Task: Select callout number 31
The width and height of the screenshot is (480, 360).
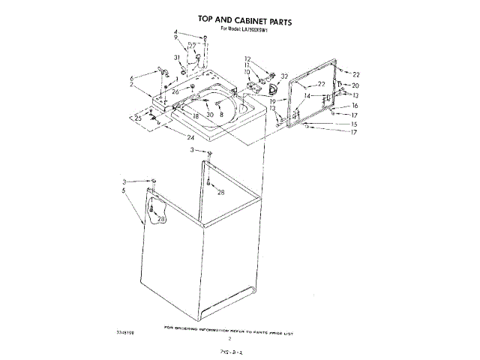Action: point(177,58)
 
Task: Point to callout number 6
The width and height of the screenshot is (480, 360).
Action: point(133,77)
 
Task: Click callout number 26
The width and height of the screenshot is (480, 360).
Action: point(175,91)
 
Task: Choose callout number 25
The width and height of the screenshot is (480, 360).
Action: point(139,118)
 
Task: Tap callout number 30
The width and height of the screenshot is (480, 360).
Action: point(211,115)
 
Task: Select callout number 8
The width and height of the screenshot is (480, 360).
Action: point(221,115)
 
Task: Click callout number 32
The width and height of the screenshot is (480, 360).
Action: point(285,76)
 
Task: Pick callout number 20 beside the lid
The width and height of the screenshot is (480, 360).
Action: point(355,85)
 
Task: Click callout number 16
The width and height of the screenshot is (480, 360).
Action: point(355,106)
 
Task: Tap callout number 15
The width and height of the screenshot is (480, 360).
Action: point(354,124)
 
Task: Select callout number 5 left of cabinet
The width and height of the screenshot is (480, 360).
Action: point(122,191)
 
